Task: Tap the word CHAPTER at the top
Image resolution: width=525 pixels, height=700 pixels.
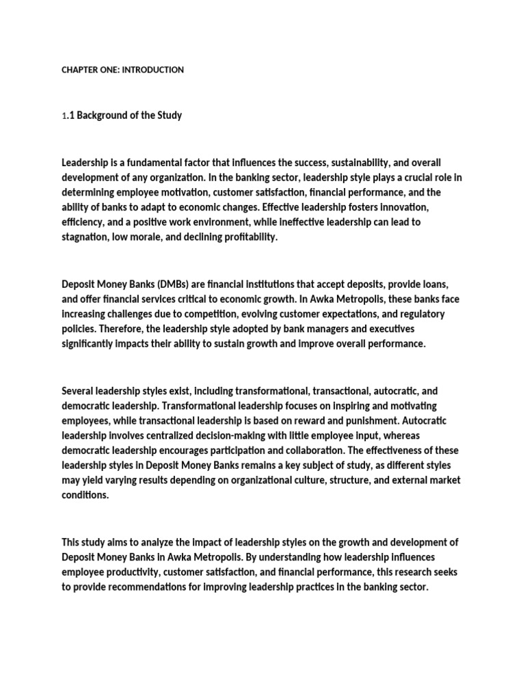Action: pos(80,70)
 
